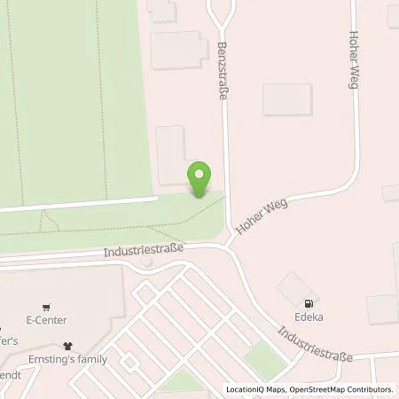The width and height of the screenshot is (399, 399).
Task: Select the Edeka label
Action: point(309,316)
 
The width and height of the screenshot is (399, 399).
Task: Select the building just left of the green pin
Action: point(171,155)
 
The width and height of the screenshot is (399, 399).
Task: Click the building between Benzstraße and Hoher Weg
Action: point(287,99)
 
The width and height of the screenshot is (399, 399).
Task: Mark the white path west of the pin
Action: point(80,204)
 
